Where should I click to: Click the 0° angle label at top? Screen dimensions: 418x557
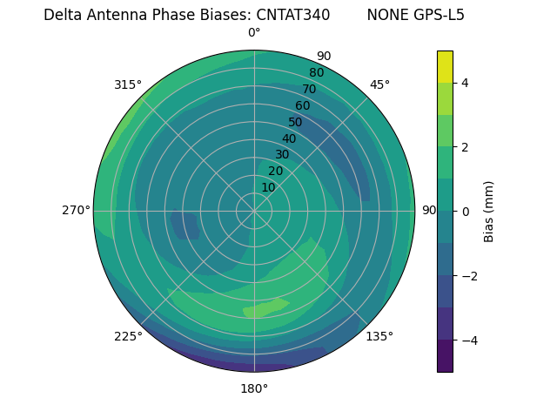pyautogui.click(x=254, y=33)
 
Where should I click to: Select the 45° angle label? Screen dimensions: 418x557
pyautogui.click(x=379, y=84)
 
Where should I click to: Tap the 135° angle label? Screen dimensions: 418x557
pyautogui.click(x=379, y=336)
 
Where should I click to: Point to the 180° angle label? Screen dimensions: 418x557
pyautogui.click(x=254, y=388)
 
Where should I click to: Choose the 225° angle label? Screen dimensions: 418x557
pyautogui.click(x=128, y=336)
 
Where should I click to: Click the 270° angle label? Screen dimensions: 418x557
pyautogui.click(x=76, y=210)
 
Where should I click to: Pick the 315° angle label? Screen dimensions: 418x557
pyautogui.click(x=128, y=84)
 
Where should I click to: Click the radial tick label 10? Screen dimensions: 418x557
pyautogui.click(x=268, y=187)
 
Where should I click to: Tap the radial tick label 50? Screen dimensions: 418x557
pyautogui.click(x=296, y=122)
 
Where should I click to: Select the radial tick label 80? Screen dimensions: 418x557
pyautogui.click(x=317, y=72)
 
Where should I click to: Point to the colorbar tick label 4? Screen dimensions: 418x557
pyautogui.click(x=466, y=83)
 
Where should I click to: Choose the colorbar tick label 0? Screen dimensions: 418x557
pyautogui.click(x=466, y=212)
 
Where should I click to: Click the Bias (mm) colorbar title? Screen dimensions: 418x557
pyautogui.click(x=489, y=212)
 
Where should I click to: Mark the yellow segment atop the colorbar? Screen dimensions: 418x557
pyautogui.click(x=445, y=67)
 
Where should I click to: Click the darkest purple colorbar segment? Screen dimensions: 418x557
pyautogui.click(x=445, y=356)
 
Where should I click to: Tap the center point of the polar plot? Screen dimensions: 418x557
pyautogui.click(x=254, y=211)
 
